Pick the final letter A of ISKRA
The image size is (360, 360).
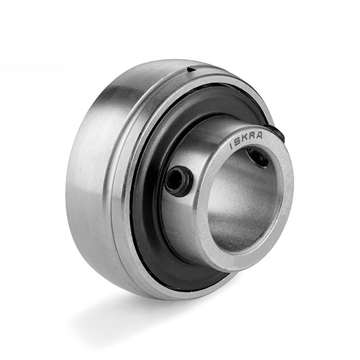click(x=259, y=135)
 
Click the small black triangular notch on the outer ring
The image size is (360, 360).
click(x=191, y=69)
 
